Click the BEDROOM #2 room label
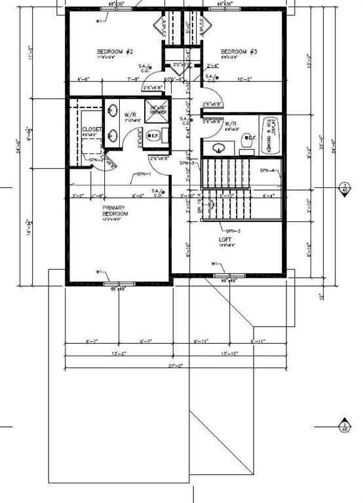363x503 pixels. pyautogui.click(x=115, y=52)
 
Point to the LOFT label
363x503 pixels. pyautogui.click(x=225, y=240)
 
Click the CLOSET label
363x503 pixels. pyautogui.click(x=92, y=130)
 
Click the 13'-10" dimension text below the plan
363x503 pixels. pyautogui.click(x=229, y=354)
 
